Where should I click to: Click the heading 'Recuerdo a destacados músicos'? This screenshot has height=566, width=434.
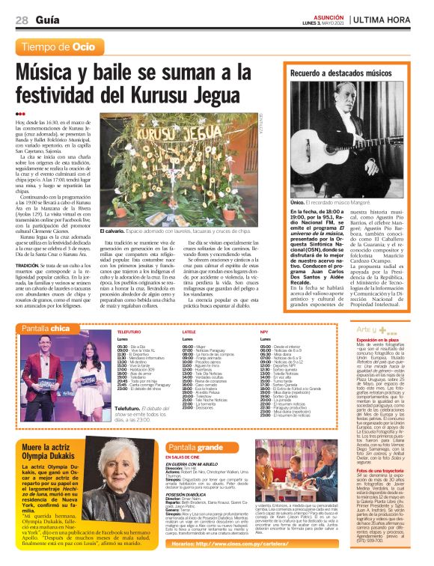tap(340, 75)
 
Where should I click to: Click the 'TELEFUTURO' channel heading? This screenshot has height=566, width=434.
tap(129, 331)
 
